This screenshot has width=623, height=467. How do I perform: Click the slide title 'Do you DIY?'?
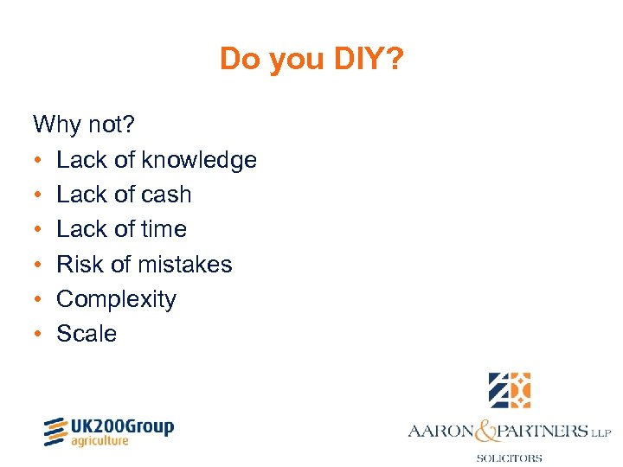pos(311,59)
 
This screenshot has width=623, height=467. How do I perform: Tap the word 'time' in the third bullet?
pos(164,229)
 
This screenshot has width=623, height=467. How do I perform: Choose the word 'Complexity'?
pos(116,299)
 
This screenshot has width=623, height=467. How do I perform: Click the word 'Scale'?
pos(87,334)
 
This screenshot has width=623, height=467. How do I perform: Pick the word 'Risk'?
pos(80,264)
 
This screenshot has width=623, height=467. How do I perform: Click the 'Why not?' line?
pos(84,125)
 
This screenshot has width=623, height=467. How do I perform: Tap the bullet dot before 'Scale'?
pos(38,335)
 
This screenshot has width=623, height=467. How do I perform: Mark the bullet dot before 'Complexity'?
pos(38,300)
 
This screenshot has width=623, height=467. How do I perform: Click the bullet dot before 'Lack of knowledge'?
pos(38,161)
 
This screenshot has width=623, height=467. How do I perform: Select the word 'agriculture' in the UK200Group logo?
pos(100,440)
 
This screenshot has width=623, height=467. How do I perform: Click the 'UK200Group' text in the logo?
pos(123,425)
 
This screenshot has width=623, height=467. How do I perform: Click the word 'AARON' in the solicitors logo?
pos(440,430)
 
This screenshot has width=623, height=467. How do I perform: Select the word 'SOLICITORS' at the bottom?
pos(510,457)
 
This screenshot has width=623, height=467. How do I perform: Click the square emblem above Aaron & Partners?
pos(510,390)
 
